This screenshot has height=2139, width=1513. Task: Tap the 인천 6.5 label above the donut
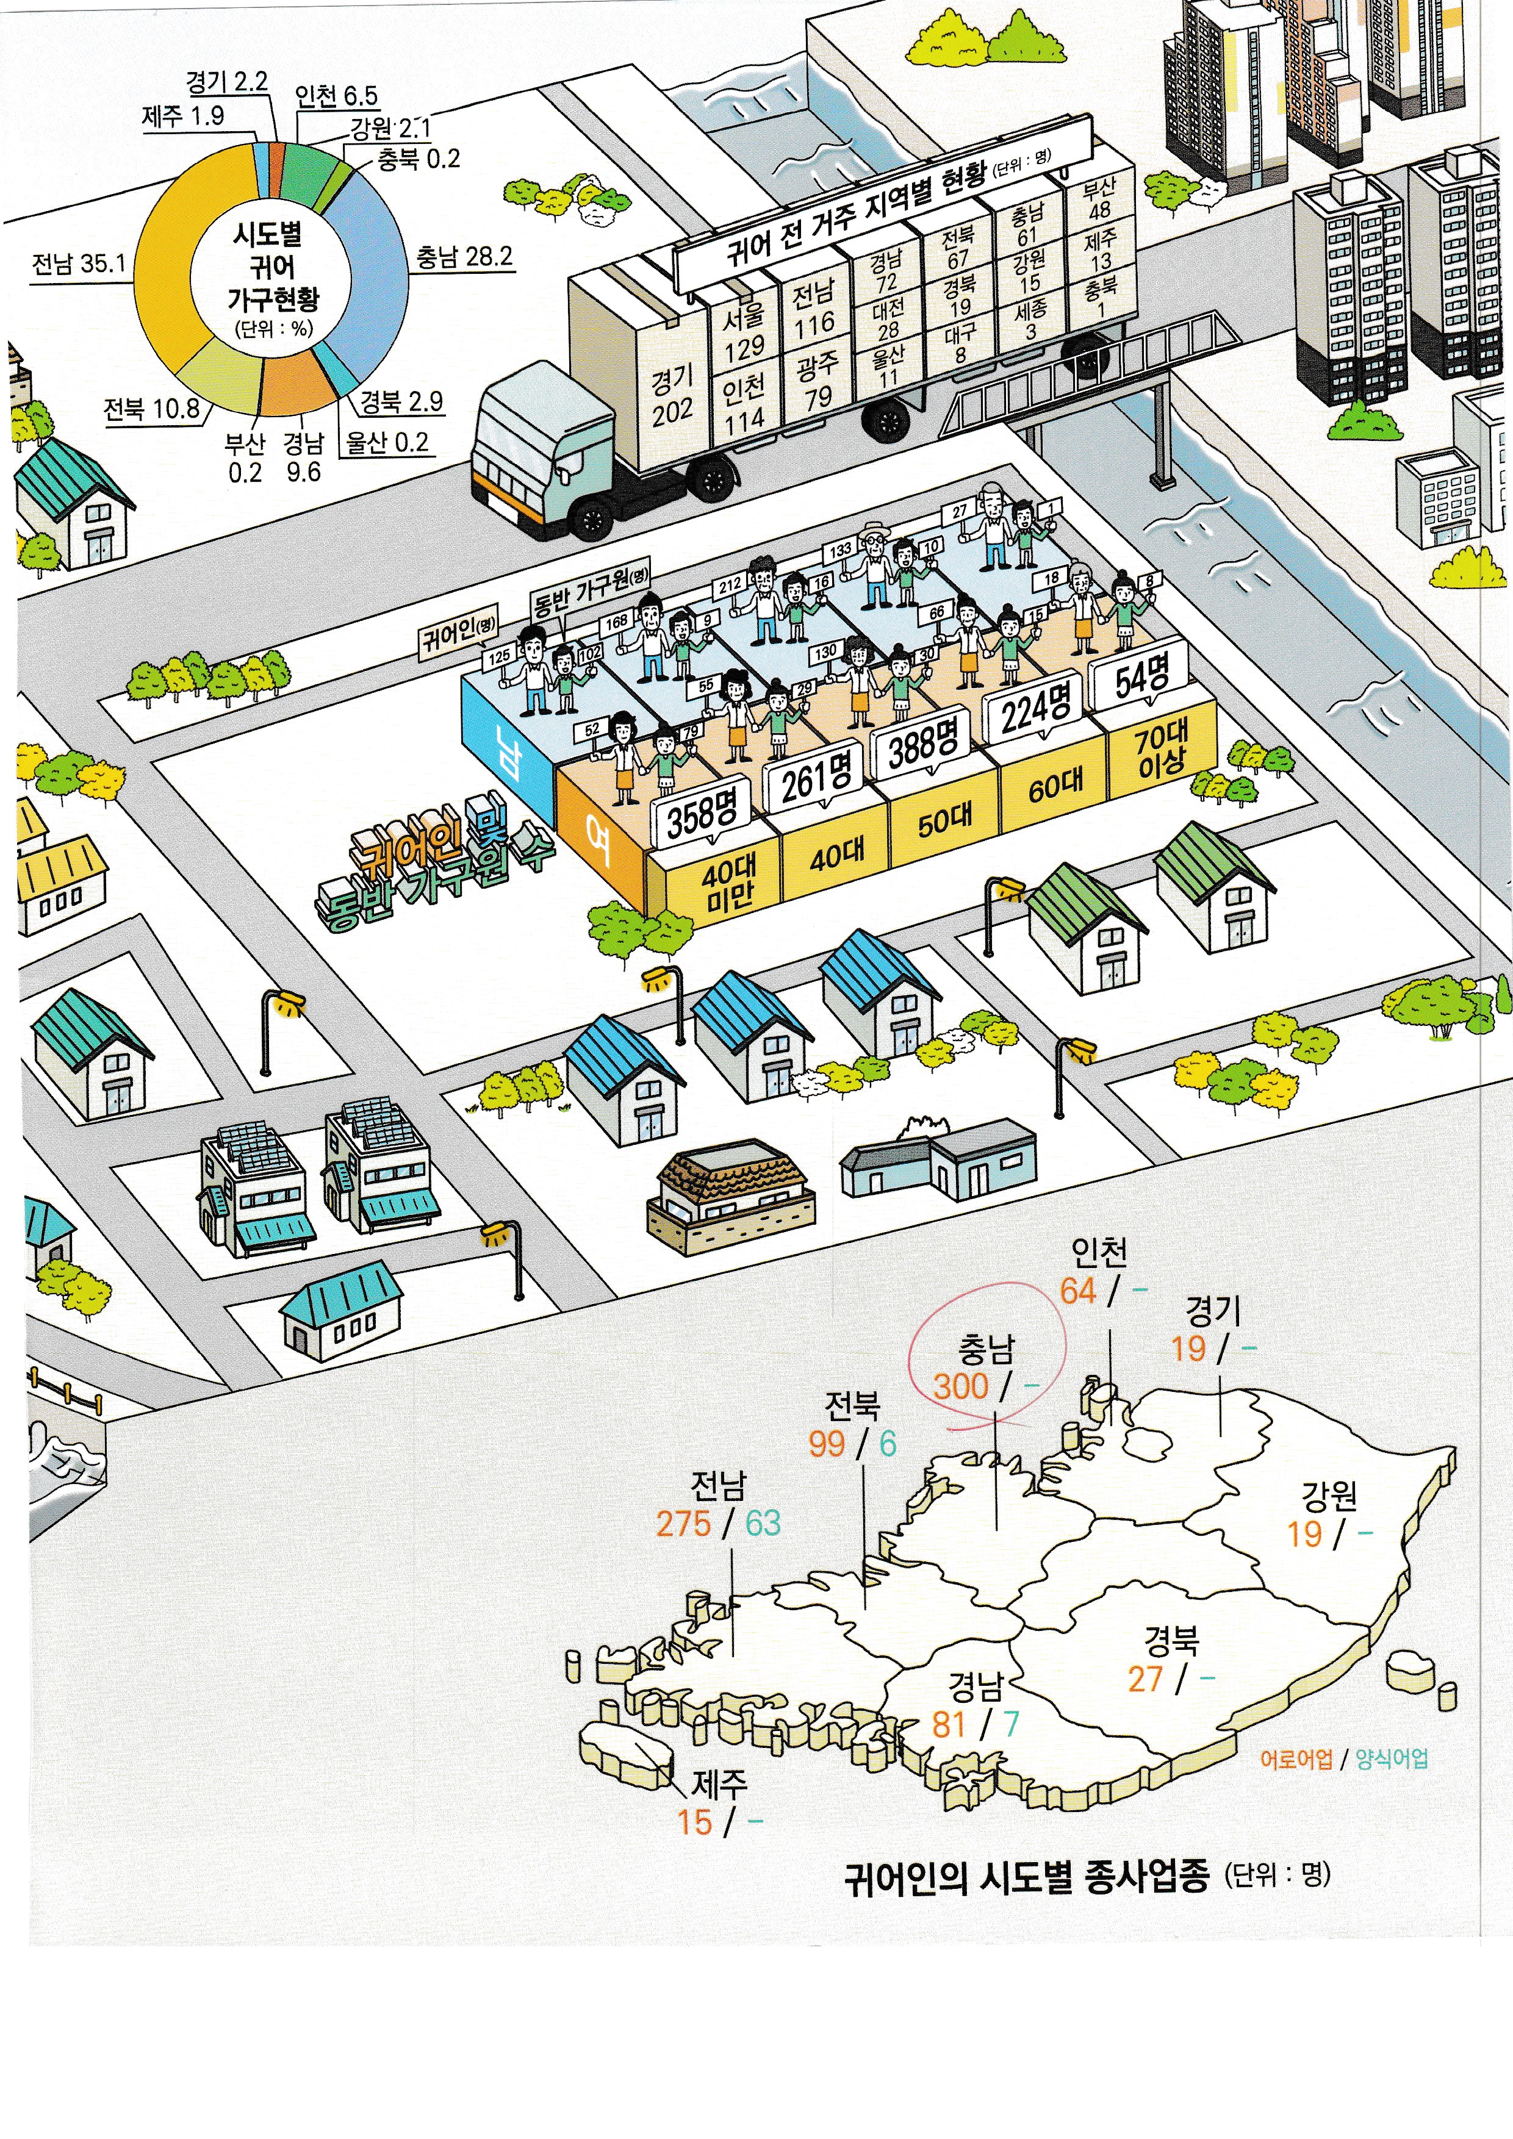(x=336, y=96)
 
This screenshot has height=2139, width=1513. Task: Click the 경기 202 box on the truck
(x=672, y=395)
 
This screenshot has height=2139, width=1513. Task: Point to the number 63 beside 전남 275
(x=762, y=1523)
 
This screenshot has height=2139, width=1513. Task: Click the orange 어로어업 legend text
(x=1296, y=1759)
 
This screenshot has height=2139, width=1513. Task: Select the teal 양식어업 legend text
(x=1391, y=1759)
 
